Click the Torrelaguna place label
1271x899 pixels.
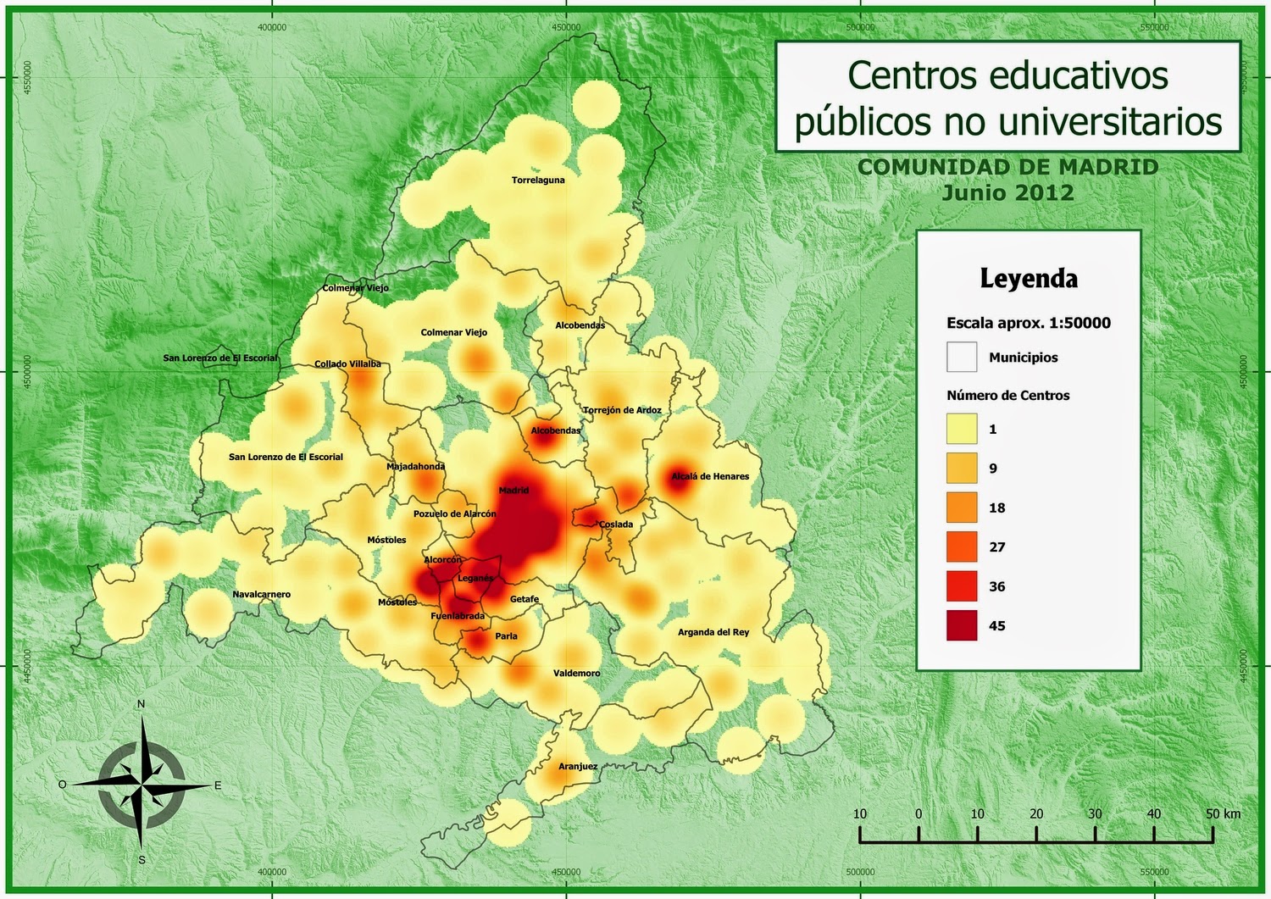coord(538,180)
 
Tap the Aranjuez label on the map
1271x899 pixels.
coord(578,767)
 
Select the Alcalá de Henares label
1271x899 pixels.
coord(710,476)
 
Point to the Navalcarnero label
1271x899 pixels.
coord(262,595)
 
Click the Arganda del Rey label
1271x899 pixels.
coord(713,632)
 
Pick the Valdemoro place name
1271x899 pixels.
coord(577,674)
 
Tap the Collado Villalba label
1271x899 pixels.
coord(347,364)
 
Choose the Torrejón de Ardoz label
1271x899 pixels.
coord(623,410)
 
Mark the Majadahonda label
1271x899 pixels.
coord(415,467)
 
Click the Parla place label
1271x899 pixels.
coord(506,636)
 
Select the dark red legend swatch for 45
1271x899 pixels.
coord(962,625)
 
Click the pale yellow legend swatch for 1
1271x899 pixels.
coord(962,429)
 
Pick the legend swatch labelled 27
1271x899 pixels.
coord(962,547)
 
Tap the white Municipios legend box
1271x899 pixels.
coord(962,357)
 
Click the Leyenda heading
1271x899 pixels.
coord(1029,279)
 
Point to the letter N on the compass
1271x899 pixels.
coord(142,704)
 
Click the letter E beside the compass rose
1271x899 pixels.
coord(218,785)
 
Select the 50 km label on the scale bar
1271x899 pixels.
coord(1223,813)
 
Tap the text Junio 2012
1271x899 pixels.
coord(1008,192)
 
